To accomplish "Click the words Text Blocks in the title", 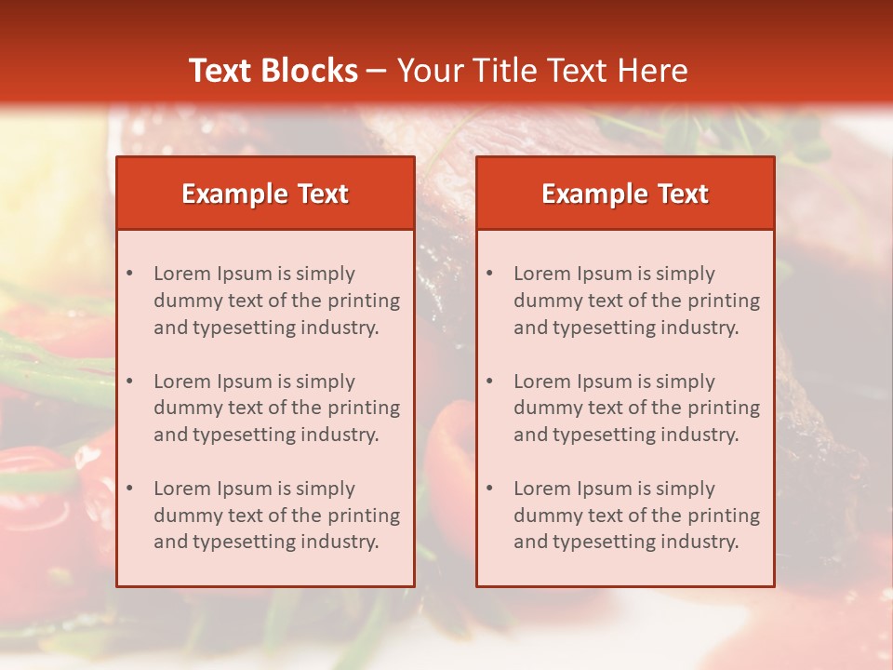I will pos(273,71).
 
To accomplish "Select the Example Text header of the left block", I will pos(265,194).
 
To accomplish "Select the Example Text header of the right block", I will pos(625,194).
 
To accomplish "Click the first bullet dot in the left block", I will pos(129,274).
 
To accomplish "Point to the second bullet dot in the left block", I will pos(129,382).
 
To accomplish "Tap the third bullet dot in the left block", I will pos(129,489).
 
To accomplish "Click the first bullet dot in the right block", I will pos(489,274).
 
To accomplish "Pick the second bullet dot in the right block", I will pos(489,382).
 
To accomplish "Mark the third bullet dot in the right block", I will pos(489,489).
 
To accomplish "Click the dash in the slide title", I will pos(377,71).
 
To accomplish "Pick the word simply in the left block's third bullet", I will pos(325,489).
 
